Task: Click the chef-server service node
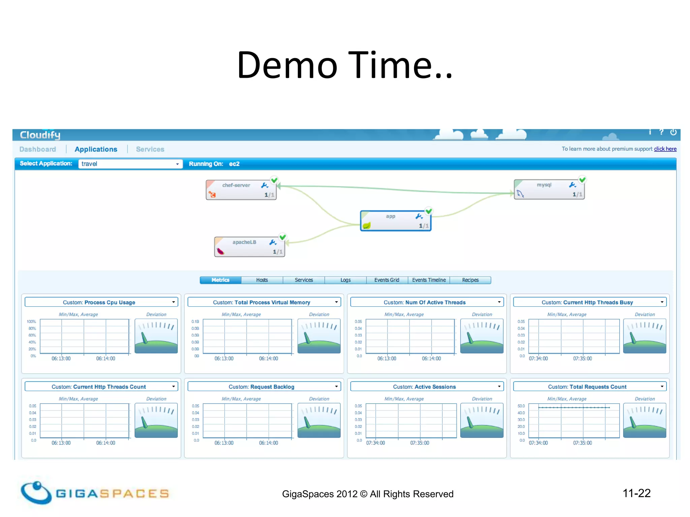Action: (x=241, y=190)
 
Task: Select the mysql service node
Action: (x=549, y=189)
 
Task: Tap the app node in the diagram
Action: (x=396, y=221)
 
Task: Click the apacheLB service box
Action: (x=249, y=247)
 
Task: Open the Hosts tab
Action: (x=262, y=280)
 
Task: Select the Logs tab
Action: (x=345, y=280)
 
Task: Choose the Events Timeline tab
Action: (x=429, y=280)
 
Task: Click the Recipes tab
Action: (x=470, y=280)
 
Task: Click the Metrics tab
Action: (x=220, y=280)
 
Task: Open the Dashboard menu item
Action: (x=38, y=149)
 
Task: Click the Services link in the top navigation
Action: (x=150, y=149)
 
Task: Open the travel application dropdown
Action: (x=130, y=164)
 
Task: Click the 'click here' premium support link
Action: (x=665, y=149)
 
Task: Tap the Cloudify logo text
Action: (x=40, y=135)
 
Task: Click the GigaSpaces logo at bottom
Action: (x=94, y=493)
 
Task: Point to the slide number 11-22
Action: (x=636, y=493)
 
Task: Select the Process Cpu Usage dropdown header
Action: (x=101, y=302)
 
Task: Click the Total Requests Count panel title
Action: (x=590, y=387)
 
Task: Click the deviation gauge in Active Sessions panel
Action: (x=482, y=420)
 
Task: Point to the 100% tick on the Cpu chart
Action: (x=31, y=322)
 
